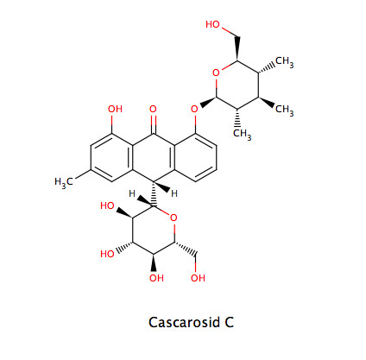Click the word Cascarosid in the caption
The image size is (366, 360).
tap(184, 322)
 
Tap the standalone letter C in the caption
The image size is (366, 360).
tap(229, 322)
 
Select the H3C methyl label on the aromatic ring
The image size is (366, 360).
tap(63, 182)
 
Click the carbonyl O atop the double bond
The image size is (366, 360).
tap(153, 109)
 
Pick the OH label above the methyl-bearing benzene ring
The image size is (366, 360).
tap(115, 109)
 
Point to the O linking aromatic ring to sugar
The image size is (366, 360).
tap(195, 109)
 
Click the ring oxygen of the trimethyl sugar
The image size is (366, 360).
tap(216, 73)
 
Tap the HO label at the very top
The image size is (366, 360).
tap(212, 24)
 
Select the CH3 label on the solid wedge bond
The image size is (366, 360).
tap(285, 110)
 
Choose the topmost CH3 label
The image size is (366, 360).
tap(285, 62)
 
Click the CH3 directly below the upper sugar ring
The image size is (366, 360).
tap(242, 134)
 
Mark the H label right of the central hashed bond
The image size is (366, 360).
tap(174, 193)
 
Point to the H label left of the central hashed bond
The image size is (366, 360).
tap(132, 193)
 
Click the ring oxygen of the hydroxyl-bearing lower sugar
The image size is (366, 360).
tap(174, 218)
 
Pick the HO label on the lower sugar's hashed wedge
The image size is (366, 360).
tap(107, 254)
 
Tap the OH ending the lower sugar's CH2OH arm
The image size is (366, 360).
tap(198, 278)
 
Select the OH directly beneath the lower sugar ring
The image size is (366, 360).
tap(156, 278)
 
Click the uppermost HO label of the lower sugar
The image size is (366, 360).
tap(107, 205)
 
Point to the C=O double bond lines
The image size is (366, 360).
tap(154, 124)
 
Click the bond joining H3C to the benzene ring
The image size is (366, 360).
tap(82, 174)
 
